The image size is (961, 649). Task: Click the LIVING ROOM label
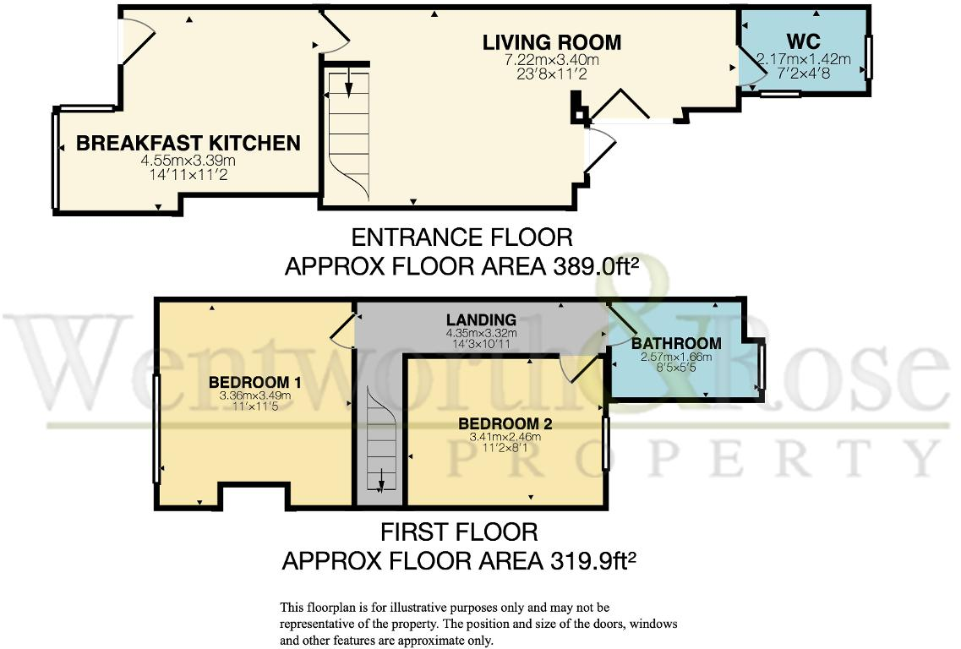coord(552,42)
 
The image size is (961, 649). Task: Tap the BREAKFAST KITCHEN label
coord(188,144)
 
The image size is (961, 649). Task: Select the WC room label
coord(803,41)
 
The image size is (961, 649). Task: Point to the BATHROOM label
coord(676,343)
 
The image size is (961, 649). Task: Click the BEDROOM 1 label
coord(255,383)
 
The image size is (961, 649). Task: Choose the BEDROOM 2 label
coord(505,423)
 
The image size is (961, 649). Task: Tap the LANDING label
coord(481,320)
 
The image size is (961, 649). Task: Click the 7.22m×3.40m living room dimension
coord(552,60)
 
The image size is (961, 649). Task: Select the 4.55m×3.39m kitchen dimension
coord(188,161)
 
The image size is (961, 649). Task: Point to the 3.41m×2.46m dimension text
coord(505,437)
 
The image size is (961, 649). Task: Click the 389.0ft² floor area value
coord(597,266)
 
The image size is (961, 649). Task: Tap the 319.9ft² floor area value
coord(593,559)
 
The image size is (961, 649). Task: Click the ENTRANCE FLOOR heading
coord(462,237)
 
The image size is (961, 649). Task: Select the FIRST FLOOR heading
coord(460,532)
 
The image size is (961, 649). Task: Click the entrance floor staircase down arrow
coord(348,82)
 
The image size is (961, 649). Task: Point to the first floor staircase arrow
coord(381,481)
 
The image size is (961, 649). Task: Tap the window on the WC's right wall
coord(868,57)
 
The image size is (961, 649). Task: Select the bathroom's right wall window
coord(761,367)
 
